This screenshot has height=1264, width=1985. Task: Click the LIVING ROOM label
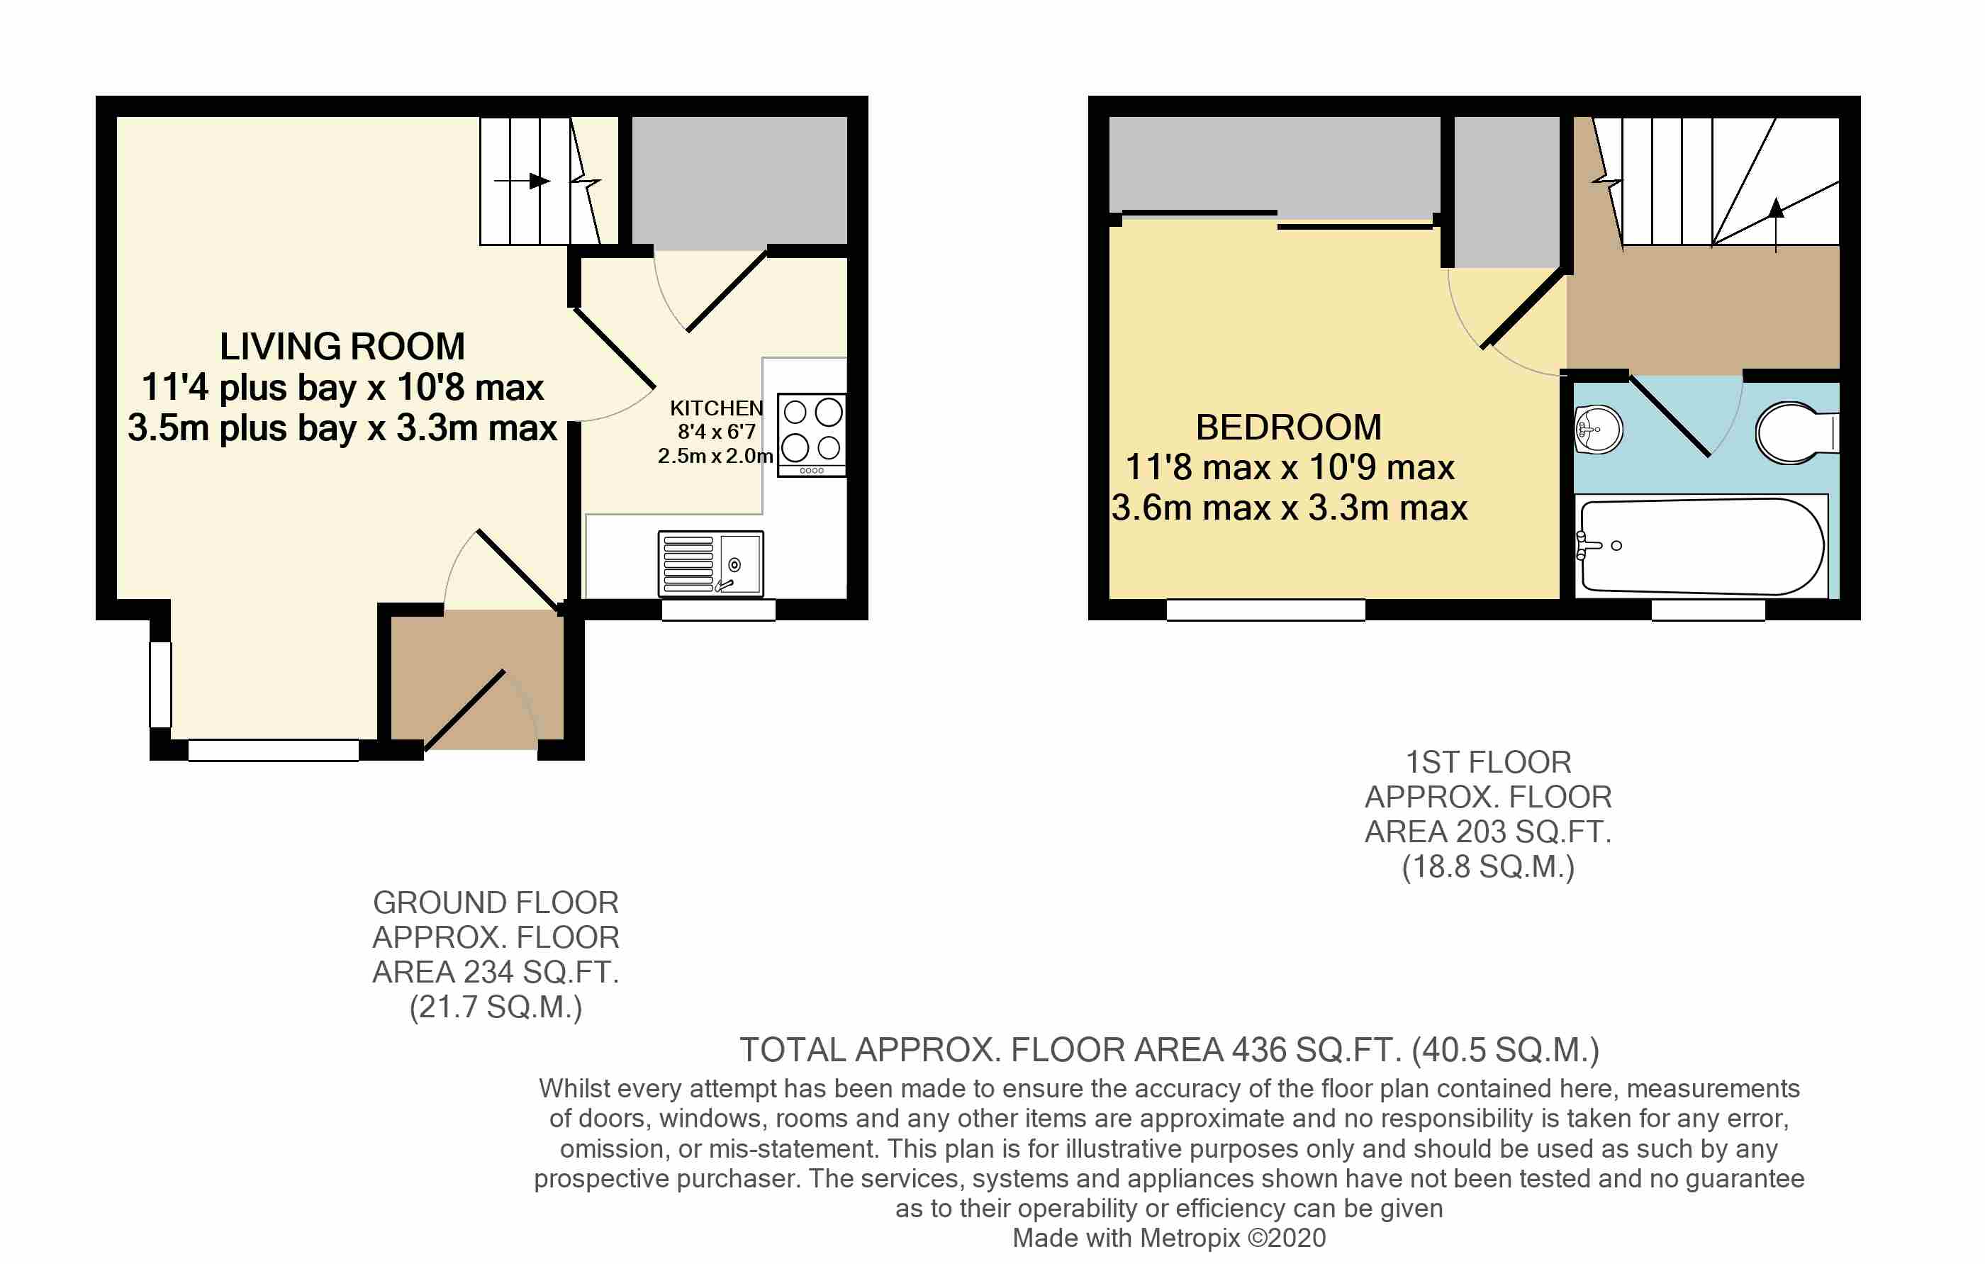(342, 346)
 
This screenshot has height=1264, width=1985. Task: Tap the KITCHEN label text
(716, 408)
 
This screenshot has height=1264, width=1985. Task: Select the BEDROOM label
(1288, 427)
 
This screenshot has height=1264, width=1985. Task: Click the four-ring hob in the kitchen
(812, 435)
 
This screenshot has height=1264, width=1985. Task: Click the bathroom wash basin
(1599, 430)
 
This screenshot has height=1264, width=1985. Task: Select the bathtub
(1701, 546)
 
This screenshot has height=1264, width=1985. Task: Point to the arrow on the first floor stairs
(1777, 223)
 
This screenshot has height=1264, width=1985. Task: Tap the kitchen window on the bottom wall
(719, 610)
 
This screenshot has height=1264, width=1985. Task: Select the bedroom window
(1266, 610)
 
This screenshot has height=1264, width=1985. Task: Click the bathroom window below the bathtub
(1708, 610)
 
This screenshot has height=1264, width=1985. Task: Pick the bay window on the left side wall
(161, 684)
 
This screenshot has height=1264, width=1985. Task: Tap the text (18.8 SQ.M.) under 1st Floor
(1488, 866)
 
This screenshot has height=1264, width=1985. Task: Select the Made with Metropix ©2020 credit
(1169, 1238)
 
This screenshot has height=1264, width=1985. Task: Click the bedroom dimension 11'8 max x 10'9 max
(1290, 467)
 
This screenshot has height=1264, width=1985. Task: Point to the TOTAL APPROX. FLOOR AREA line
(1169, 1050)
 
